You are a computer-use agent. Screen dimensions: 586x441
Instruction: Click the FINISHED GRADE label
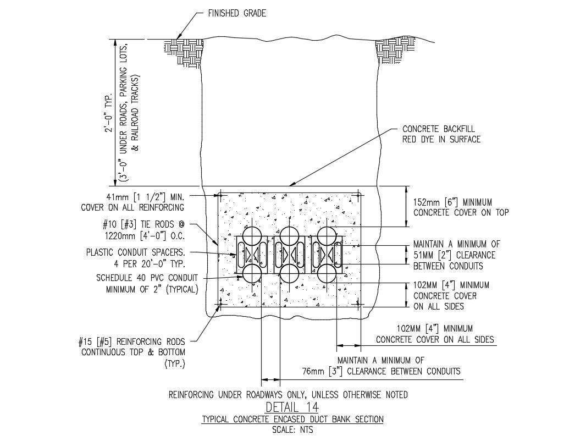(x=237, y=13)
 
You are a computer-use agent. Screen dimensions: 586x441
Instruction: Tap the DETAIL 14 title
(x=292, y=406)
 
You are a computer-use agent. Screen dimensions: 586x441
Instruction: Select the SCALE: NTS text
(x=292, y=429)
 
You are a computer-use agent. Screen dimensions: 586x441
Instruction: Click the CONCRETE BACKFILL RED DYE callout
(x=441, y=134)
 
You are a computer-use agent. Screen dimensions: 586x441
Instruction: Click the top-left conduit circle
(x=252, y=236)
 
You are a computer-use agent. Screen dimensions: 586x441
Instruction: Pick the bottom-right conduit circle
(x=328, y=274)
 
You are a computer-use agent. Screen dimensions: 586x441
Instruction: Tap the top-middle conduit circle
(x=290, y=236)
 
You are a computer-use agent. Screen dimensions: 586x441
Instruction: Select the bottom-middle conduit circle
(x=290, y=274)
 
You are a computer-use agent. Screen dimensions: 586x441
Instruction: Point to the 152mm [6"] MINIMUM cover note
(x=461, y=207)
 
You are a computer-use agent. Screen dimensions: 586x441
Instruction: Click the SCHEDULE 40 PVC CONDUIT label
(x=147, y=283)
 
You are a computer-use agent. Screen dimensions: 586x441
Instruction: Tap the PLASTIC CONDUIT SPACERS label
(x=136, y=258)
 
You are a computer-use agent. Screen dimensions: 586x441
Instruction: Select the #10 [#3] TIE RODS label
(x=143, y=230)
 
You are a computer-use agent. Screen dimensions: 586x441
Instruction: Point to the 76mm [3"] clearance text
(x=381, y=366)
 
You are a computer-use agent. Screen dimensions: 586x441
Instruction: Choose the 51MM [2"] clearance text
(x=456, y=255)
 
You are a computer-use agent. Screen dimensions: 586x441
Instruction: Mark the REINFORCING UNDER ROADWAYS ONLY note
(x=288, y=395)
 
